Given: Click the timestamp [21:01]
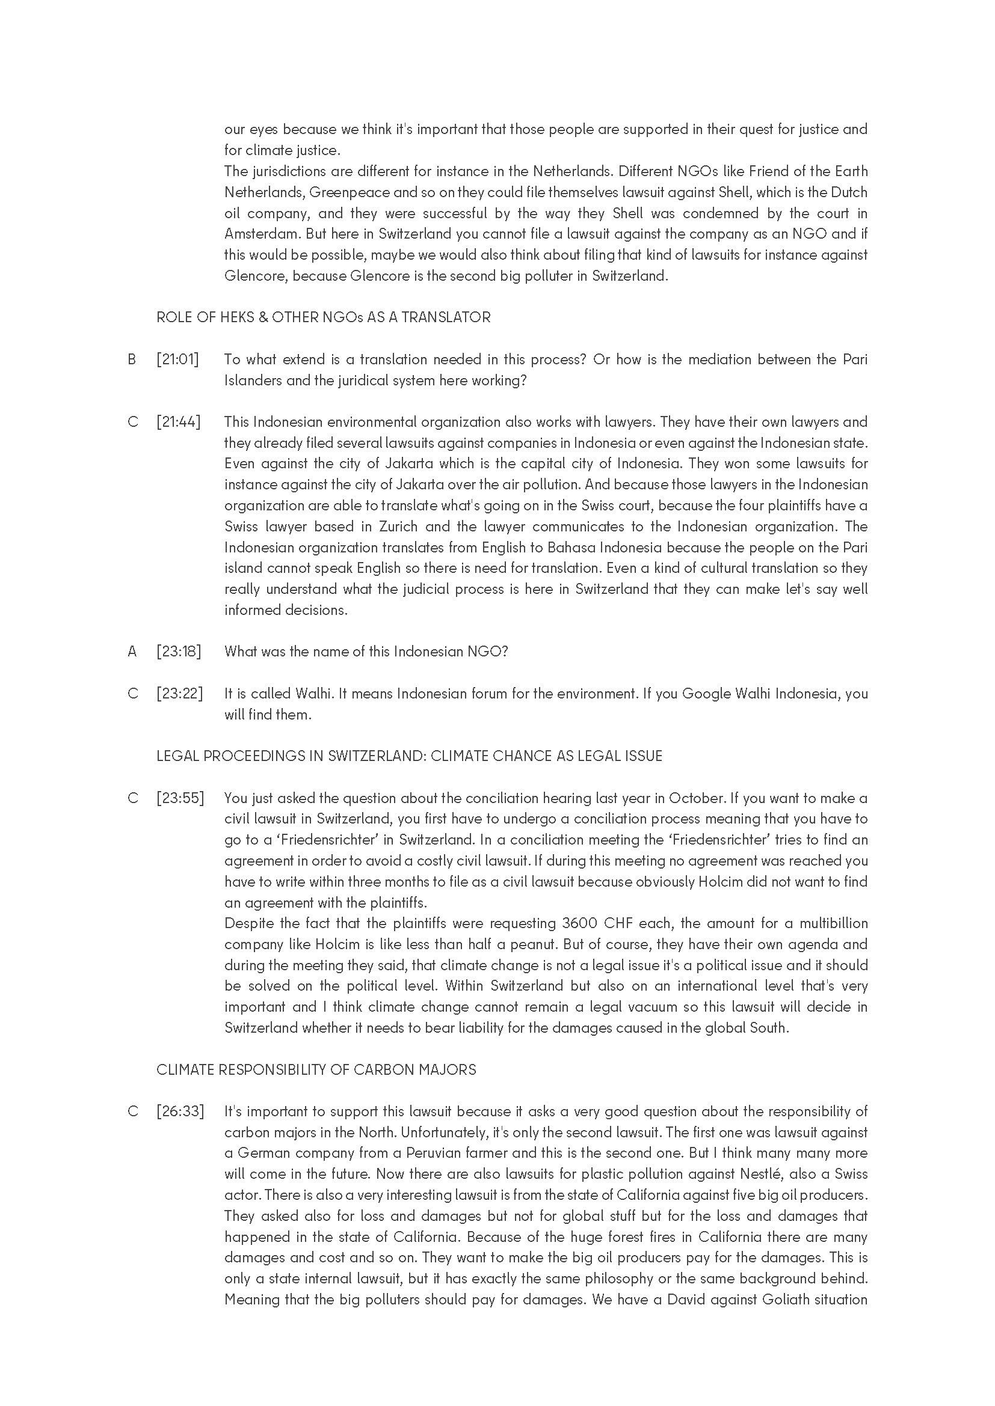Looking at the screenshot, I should point(177,359).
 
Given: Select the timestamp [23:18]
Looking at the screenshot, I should point(178,651).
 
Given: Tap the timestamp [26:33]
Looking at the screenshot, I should point(180,1111).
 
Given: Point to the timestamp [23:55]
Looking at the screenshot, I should point(180,798).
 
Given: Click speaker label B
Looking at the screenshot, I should point(132,359).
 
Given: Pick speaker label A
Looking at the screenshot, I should point(132,651).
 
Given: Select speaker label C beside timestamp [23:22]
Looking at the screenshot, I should point(132,693).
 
